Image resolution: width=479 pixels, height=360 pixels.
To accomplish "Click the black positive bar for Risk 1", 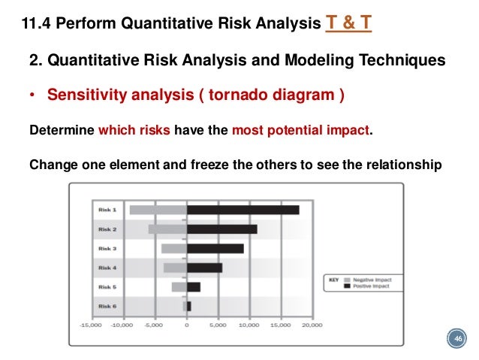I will [x=243, y=210].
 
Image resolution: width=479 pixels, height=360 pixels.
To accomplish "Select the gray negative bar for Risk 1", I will [x=158, y=210].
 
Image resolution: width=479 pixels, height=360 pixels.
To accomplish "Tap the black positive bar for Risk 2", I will [x=221, y=229].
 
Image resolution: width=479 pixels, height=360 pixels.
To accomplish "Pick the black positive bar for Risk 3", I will [x=215, y=248].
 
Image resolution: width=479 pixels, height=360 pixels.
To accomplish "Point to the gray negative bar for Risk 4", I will [x=175, y=268].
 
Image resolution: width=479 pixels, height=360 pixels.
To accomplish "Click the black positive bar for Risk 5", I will [x=193, y=286].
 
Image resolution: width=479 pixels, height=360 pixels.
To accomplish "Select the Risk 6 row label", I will [x=107, y=306].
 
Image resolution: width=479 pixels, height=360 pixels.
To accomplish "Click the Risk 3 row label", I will [x=107, y=248].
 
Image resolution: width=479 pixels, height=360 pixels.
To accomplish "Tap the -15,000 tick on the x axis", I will [x=92, y=325].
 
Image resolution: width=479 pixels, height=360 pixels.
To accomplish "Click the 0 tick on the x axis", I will [x=186, y=325].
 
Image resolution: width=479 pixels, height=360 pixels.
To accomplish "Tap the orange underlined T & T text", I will [x=348, y=25].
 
